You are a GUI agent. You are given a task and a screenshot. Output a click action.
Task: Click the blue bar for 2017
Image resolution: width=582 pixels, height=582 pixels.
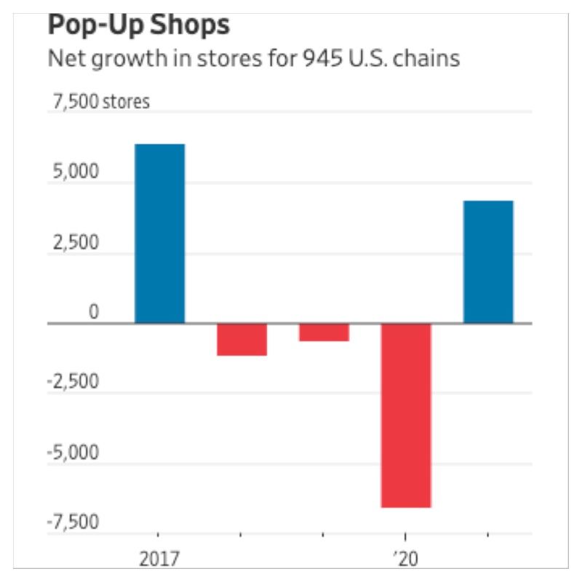pyautogui.click(x=159, y=233)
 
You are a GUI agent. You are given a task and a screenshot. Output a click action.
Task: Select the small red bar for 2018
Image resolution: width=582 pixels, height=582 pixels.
pyautogui.click(x=242, y=339)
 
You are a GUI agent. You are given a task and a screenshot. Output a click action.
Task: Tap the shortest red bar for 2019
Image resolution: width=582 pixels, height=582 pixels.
pyautogui.click(x=324, y=332)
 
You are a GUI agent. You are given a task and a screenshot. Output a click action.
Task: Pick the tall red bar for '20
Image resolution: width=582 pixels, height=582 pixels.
pyautogui.click(x=406, y=415)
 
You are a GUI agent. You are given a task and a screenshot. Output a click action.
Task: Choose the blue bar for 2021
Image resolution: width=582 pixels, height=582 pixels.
pyautogui.click(x=488, y=261)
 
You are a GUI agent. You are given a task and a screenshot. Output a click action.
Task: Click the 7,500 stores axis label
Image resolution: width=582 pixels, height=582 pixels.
pyautogui.click(x=100, y=102)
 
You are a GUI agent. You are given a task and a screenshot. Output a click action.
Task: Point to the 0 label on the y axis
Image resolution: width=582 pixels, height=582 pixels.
pyautogui.click(x=92, y=312)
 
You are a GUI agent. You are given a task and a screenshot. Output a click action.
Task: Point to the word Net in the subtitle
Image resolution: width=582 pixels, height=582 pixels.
pyautogui.click(x=63, y=58)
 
